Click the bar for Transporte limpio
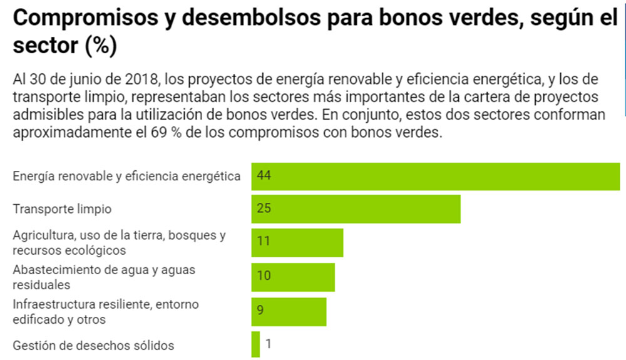click(x=356, y=209)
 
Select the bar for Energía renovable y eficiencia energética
click(x=435, y=177)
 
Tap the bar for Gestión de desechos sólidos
click(x=255, y=344)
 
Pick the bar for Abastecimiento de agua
click(x=293, y=277)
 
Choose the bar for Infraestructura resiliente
click(x=289, y=311)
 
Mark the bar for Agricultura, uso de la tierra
click(x=297, y=242)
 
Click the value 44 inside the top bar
click(x=264, y=177)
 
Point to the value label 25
click(x=264, y=208)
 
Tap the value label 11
click(x=263, y=242)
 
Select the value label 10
click(x=264, y=275)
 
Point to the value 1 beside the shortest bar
click(x=269, y=344)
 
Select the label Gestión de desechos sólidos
click(x=93, y=346)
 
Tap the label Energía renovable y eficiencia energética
click(x=126, y=177)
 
